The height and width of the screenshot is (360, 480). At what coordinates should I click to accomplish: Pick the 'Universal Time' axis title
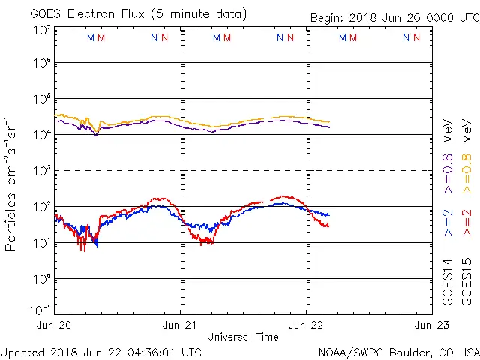coord(242,337)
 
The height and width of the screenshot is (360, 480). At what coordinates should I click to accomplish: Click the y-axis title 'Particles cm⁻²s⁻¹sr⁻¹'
coord(12,184)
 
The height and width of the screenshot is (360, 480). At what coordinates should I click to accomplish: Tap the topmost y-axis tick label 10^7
coord(41,30)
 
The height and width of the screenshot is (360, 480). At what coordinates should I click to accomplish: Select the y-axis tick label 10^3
coord(41,171)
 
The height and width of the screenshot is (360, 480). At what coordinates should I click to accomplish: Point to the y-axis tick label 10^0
coord(41,279)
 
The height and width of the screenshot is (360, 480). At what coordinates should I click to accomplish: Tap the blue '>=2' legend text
coord(448,224)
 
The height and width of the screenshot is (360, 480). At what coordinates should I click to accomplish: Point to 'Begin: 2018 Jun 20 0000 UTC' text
coord(393,18)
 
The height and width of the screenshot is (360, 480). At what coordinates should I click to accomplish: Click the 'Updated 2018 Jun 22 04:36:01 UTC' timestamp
coord(101,351)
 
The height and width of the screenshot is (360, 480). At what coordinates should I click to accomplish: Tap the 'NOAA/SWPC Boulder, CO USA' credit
coord(398,351)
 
